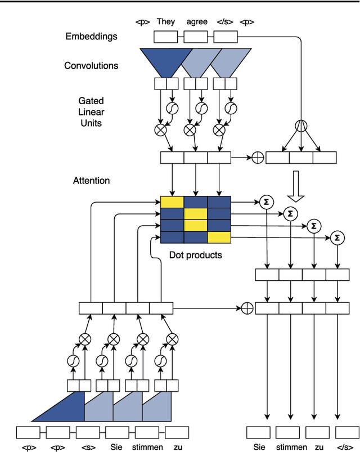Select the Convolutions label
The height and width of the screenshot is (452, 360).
click(x=91, y=65)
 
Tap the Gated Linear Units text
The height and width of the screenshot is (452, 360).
click(x=91, y=111)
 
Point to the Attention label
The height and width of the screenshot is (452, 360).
click(x=91, y=181)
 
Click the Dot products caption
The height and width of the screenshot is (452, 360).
click(x=195, y=255)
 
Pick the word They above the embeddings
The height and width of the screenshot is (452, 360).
click(x=166, y=22)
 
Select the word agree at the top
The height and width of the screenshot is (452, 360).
click(x=197, y=22)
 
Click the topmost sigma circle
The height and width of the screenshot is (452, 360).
click(x=265, y=201)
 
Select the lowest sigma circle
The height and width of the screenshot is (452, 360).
click(x=337, y=237)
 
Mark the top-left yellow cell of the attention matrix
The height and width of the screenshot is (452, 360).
click(x=172, y=202)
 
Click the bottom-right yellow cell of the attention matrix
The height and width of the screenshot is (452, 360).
click(x=219, y=237)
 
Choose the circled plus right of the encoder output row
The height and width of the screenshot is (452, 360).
click(x=257, y=158)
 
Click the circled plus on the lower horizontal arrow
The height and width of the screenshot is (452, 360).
click(x=247, y=308)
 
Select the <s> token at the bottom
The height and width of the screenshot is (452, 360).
click(x=87, y=447)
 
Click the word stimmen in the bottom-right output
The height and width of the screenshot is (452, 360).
click(x=288, y=447)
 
